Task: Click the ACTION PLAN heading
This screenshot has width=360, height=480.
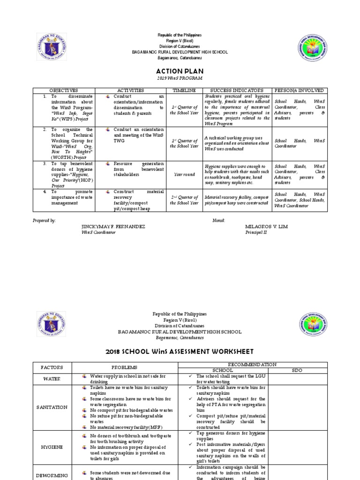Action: [x=180, y=70]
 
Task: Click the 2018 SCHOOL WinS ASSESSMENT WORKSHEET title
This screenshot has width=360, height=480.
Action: [x=180, y=351]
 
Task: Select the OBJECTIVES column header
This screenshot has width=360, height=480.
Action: [x=63, y=90]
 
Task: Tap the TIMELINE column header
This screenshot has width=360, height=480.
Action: [x=184, y=90]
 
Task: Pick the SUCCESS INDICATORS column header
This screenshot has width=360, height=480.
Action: [x=237, y=90]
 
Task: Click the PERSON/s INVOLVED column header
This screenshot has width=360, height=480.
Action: [x=300, y=90]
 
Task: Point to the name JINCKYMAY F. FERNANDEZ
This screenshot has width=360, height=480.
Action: [x=113, y=226]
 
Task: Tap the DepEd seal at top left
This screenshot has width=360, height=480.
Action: [x=52, y=49]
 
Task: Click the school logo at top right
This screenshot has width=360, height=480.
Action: [x=313, y=49]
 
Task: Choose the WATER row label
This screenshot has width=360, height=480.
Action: [x=52, y=379]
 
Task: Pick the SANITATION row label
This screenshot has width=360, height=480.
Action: [x=52, y=407]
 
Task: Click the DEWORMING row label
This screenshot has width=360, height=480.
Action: [x=52, y=475]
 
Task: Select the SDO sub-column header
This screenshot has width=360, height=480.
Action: [x=298, y=370]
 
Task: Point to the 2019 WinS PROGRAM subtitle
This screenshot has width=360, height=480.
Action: [x=180, y=78]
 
